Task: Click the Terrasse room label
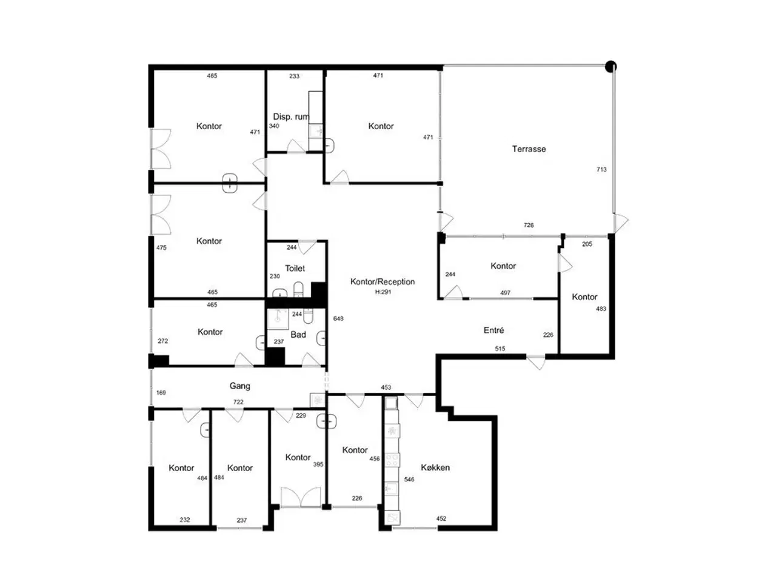(529, 149)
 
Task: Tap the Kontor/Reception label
(382, 281)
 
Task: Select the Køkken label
(435, 467)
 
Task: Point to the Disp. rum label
(291, 116)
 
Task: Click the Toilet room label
(295, 268)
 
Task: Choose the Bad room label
(298, 334)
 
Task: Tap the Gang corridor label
(239, 386)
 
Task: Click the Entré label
(493, 330)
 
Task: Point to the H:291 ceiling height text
(383, 292)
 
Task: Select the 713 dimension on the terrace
(601, 169)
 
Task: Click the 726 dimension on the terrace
(528, 225)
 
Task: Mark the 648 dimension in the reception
(338, 318)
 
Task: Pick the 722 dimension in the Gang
(238, 402)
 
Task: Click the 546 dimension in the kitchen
(409, 479)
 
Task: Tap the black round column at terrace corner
(610, 67)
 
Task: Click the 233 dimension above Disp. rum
(294, 76)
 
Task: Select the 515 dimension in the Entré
(500, 349)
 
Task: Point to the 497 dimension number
(505, 293)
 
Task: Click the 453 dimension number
(386, 387)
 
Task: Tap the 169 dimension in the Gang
(161, 393)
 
